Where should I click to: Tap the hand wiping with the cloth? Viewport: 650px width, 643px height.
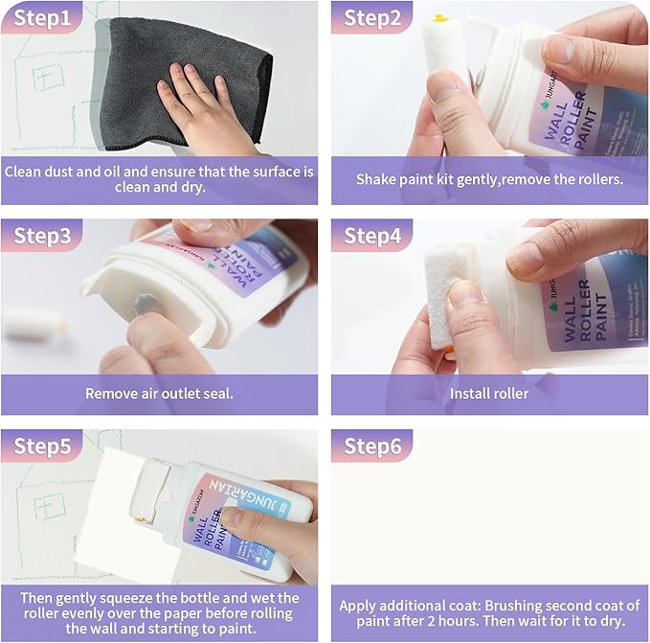tap(203, 110)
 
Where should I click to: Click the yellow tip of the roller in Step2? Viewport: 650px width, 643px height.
tap(441, 19)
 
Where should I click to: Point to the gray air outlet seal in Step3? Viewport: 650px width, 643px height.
tap(146, 304)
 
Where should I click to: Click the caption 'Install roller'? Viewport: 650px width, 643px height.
tap(489, 393)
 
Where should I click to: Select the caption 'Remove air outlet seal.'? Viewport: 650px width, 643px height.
tap(159, 393)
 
